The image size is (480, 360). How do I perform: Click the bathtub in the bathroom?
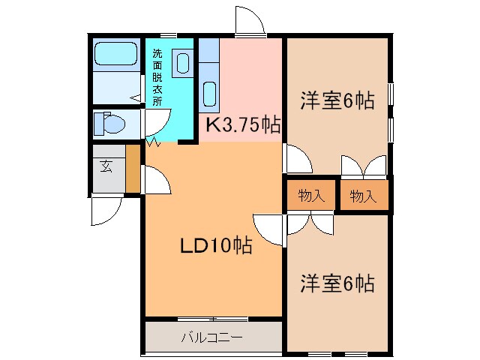click(115, 55)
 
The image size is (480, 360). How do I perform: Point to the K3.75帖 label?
click(242, 125)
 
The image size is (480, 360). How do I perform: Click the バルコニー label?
click(211, 337)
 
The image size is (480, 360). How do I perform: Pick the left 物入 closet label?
click(310, 196)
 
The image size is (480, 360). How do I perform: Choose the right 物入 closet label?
click(363, 196)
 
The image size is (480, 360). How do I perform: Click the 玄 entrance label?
click(106, 166)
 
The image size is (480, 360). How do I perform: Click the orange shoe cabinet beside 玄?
click(133, 169)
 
